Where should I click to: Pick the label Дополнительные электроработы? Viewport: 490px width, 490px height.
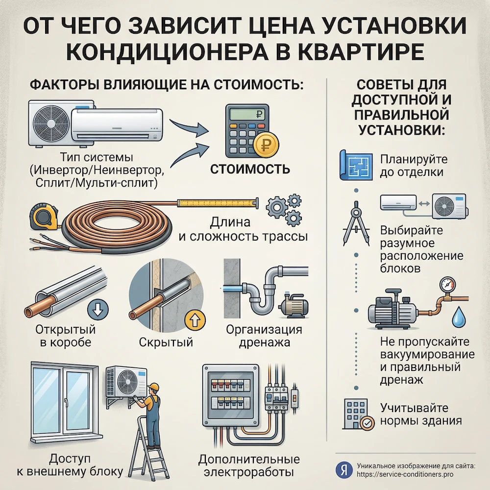[248, 466]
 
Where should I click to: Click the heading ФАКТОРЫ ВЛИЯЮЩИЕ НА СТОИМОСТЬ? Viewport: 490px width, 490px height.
[167, 84]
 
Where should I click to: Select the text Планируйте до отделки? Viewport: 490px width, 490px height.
[412, 166]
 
